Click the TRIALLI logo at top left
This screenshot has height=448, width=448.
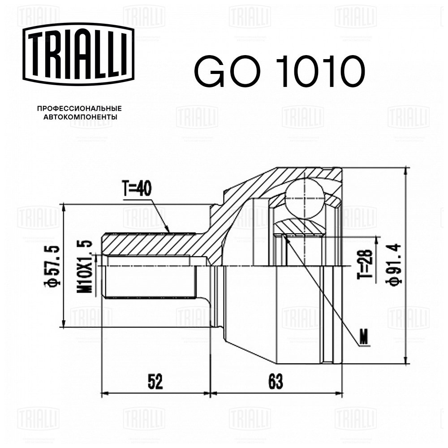pos(78,54)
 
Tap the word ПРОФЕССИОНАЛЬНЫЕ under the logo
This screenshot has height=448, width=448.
pos(79,108)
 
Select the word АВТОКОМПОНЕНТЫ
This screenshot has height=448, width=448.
pos(80,117)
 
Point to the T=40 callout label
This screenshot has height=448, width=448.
pos(137,189)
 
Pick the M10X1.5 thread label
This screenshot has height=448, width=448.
pos(85,267)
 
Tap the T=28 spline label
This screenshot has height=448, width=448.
pos(365,264)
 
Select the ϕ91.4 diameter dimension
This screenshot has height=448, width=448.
pos(394,264)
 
